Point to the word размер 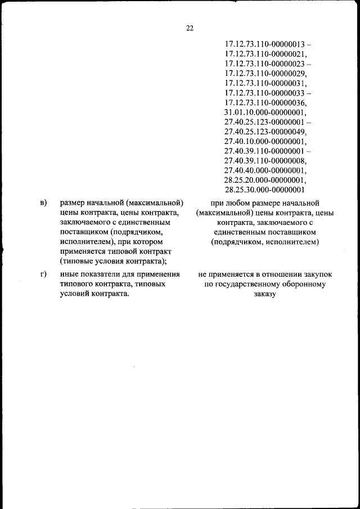click(x=74, y=202)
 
